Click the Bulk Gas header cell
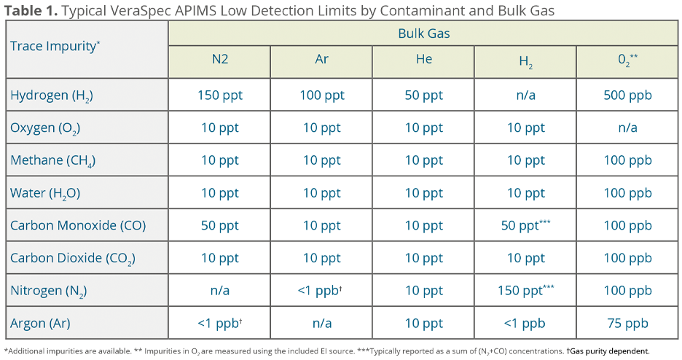coord(423,34)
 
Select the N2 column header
coord(219,60)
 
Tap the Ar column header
coord(321,60)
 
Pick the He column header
coord(423,60)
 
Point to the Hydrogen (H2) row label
coord(52,95)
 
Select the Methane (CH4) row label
coord(53,160)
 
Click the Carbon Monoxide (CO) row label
coord(78,225)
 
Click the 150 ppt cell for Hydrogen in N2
coord(219,95)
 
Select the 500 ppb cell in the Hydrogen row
coord(628,95)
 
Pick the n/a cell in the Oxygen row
coord(628,128)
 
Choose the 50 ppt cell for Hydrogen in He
coord(423,95)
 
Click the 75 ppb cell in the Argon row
coord(628,323)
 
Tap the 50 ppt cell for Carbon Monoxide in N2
coord(219,225)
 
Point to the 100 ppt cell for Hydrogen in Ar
coord(321,95)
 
